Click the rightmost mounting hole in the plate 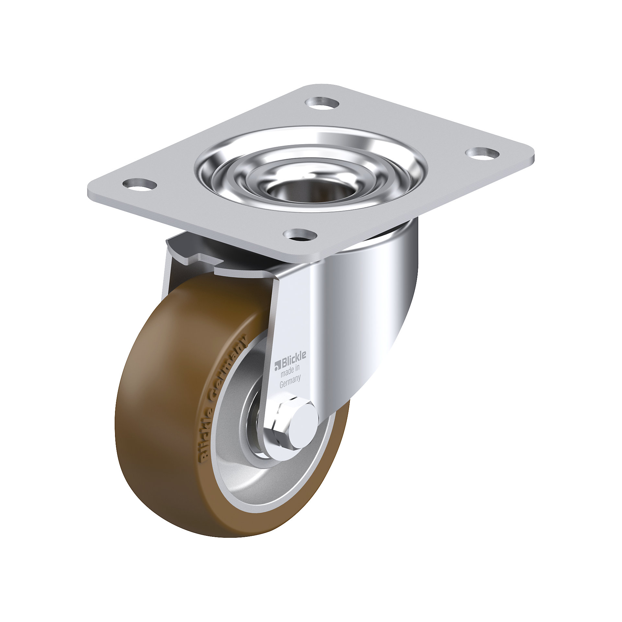[x=482, y=153]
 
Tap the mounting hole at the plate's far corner [x=322, y=103]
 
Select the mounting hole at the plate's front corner [x=300, y=235]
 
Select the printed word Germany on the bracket [x=290, y=382]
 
